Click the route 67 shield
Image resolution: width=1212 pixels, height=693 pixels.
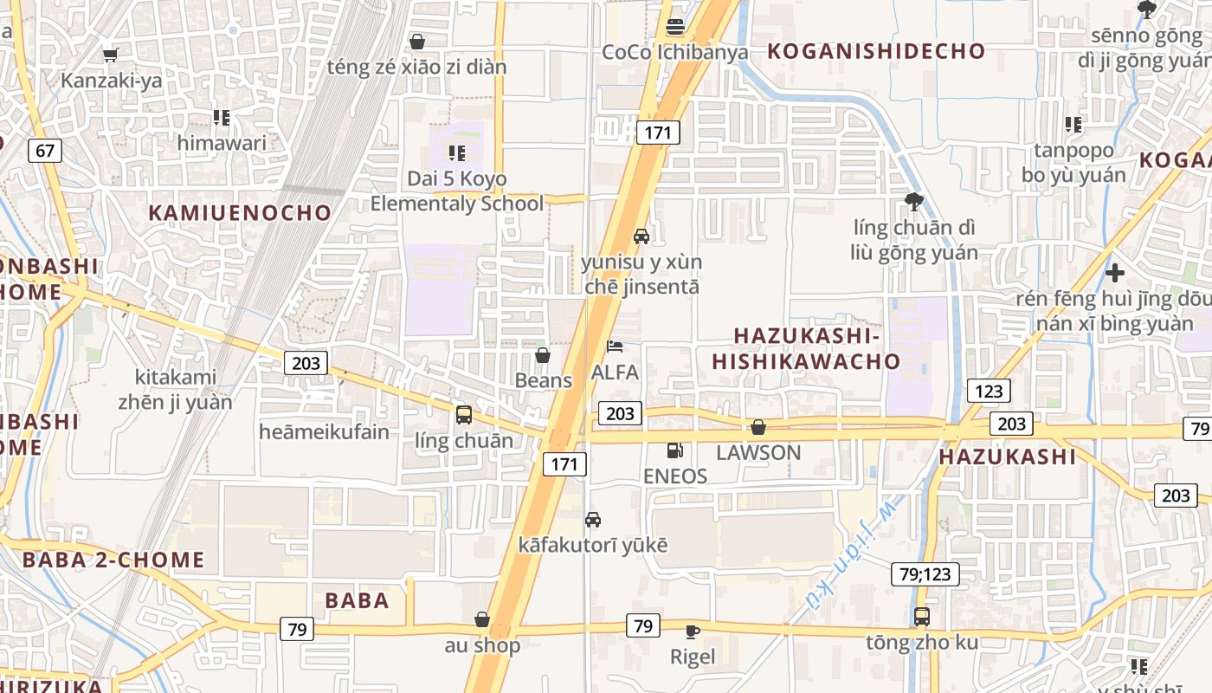point(45,151)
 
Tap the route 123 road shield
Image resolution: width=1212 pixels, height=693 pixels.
point(988,391)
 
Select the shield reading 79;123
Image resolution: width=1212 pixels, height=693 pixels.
point(925,573)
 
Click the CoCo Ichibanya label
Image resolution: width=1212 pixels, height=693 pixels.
point(675,52)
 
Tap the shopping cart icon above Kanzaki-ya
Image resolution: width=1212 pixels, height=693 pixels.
point(110,55)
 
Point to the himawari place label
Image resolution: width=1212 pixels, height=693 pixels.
point(222,143)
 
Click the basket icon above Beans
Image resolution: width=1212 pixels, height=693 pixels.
point(543,355)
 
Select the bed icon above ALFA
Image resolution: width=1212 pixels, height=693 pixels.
point(614,347)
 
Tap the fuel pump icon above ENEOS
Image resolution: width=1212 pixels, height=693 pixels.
point(674,450)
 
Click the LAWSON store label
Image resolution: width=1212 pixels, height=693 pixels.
point(758,452)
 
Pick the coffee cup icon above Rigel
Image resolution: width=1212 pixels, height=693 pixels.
point(693,631)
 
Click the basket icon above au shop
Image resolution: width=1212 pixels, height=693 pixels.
point(482,619)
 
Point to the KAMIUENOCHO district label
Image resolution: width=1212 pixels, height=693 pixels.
point(240,213)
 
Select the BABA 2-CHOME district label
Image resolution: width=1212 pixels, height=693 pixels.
point(113,560)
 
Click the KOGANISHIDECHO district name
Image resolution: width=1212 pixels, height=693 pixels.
point(876,51)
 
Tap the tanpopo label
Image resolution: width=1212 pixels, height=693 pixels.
point(1073,151)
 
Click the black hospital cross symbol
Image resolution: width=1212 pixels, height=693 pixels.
point(1115,274)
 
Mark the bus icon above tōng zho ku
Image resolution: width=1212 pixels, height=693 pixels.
point(922,617)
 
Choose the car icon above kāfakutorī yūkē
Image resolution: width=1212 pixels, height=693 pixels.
point(593,520)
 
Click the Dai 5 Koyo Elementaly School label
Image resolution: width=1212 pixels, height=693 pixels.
point(457,191)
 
